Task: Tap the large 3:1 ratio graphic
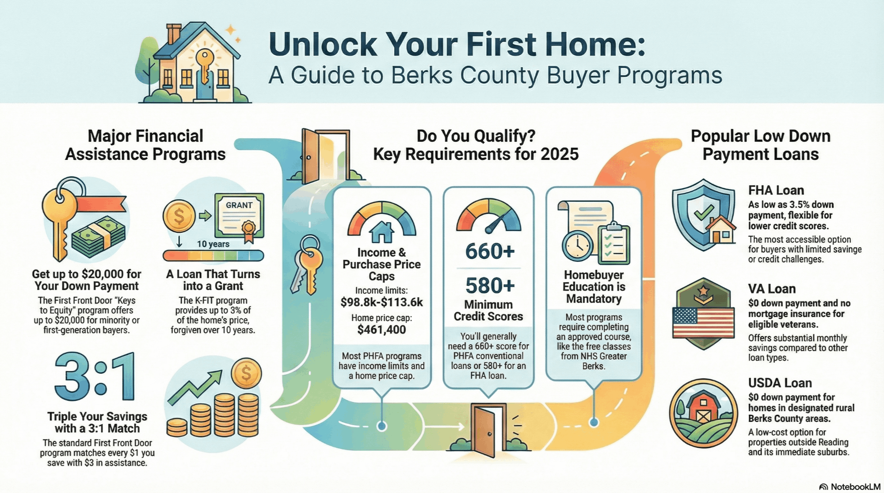[x=95, y=377]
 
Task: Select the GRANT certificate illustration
[x=239, y=216]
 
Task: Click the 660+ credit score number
[x=490, y=251]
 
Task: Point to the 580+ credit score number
[x=490, y=285]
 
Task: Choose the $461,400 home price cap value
[x=381, y=330]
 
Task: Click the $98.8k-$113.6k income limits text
[x=381, y=302]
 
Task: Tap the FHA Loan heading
[x=776, y=190]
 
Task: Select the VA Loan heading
[x=772, y=289]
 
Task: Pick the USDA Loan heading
[x=780, y=383]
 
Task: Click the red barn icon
[x=702, y=409]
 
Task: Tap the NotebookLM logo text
[x=855, y=487]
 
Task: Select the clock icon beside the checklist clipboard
[x=578, y=246]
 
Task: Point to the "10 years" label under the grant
[x=213, y=244]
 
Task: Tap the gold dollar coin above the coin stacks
[x=246, y=374]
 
